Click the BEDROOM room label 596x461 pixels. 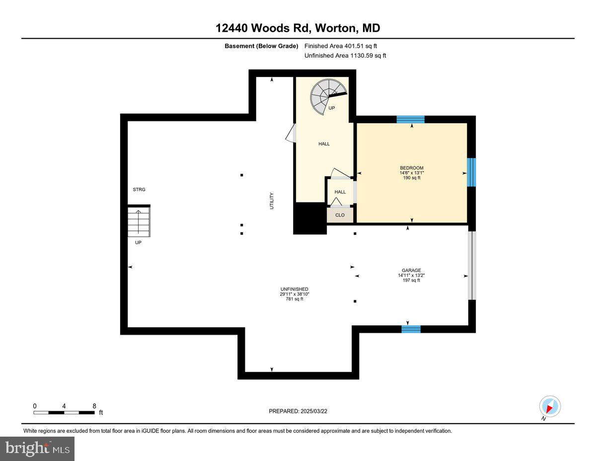[412, 168]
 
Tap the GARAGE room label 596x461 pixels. [411, 271]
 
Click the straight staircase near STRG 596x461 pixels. [139, 222]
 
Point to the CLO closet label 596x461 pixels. [340, 215]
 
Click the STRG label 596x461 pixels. [139, 189]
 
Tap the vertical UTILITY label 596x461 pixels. [272, 200]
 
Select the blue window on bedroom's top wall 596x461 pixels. [411, 119]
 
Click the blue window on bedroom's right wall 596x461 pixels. [471, 172]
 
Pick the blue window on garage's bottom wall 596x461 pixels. [411, 329]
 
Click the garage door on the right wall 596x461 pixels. [472, 266]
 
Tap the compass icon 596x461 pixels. [550, 406]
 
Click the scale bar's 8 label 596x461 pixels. [94, 406]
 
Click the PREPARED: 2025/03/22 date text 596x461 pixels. [298, 411]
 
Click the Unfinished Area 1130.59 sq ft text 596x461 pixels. [345, 56]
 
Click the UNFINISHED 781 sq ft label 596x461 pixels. [295, 294]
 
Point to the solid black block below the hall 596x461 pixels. [309, 218]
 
